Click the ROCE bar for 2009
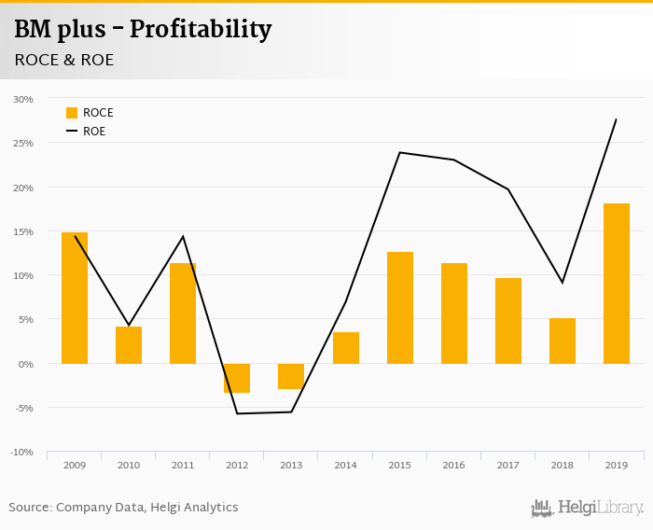[75, 298]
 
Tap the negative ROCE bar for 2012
[237, 378]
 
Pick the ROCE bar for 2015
[400, 307]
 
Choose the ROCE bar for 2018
[563, 341]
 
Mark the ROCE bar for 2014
[346, 347]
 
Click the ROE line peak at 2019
[616, 119]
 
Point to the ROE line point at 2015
[400, 152]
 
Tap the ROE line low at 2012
[237, 413]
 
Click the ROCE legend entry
[90, 113]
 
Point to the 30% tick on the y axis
[23, 99]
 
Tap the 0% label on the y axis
[25, 364]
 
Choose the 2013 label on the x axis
[291, 465]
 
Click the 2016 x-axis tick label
[454, 465]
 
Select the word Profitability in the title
[201, 30]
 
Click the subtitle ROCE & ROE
[64, 60]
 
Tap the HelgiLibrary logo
[587, 509]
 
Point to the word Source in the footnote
[29, 508]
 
